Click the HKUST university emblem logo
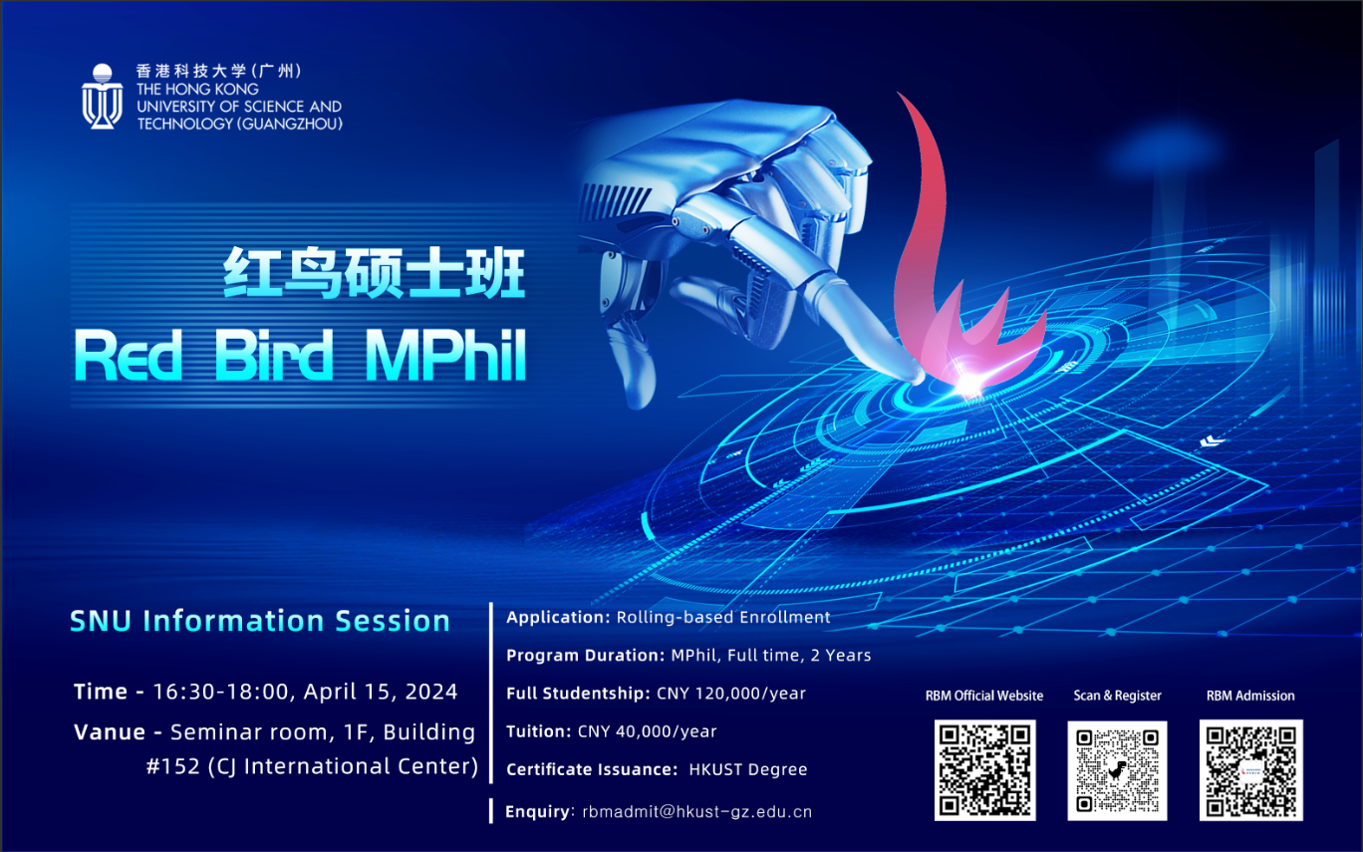[102, 97]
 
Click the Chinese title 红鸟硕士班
[374, 274]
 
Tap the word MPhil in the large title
[445, 356]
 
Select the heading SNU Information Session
[260, 621]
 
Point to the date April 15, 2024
[381, 692]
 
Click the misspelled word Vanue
[109, 732]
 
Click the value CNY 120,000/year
[731, 694]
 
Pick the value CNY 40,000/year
[648, 731]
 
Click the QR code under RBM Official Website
[984, 770]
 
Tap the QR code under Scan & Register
[1117, 770]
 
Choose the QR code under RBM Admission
[1250, 770]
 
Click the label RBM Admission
[1250, 696]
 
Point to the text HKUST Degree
[747, 769]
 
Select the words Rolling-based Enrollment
[723, 617]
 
